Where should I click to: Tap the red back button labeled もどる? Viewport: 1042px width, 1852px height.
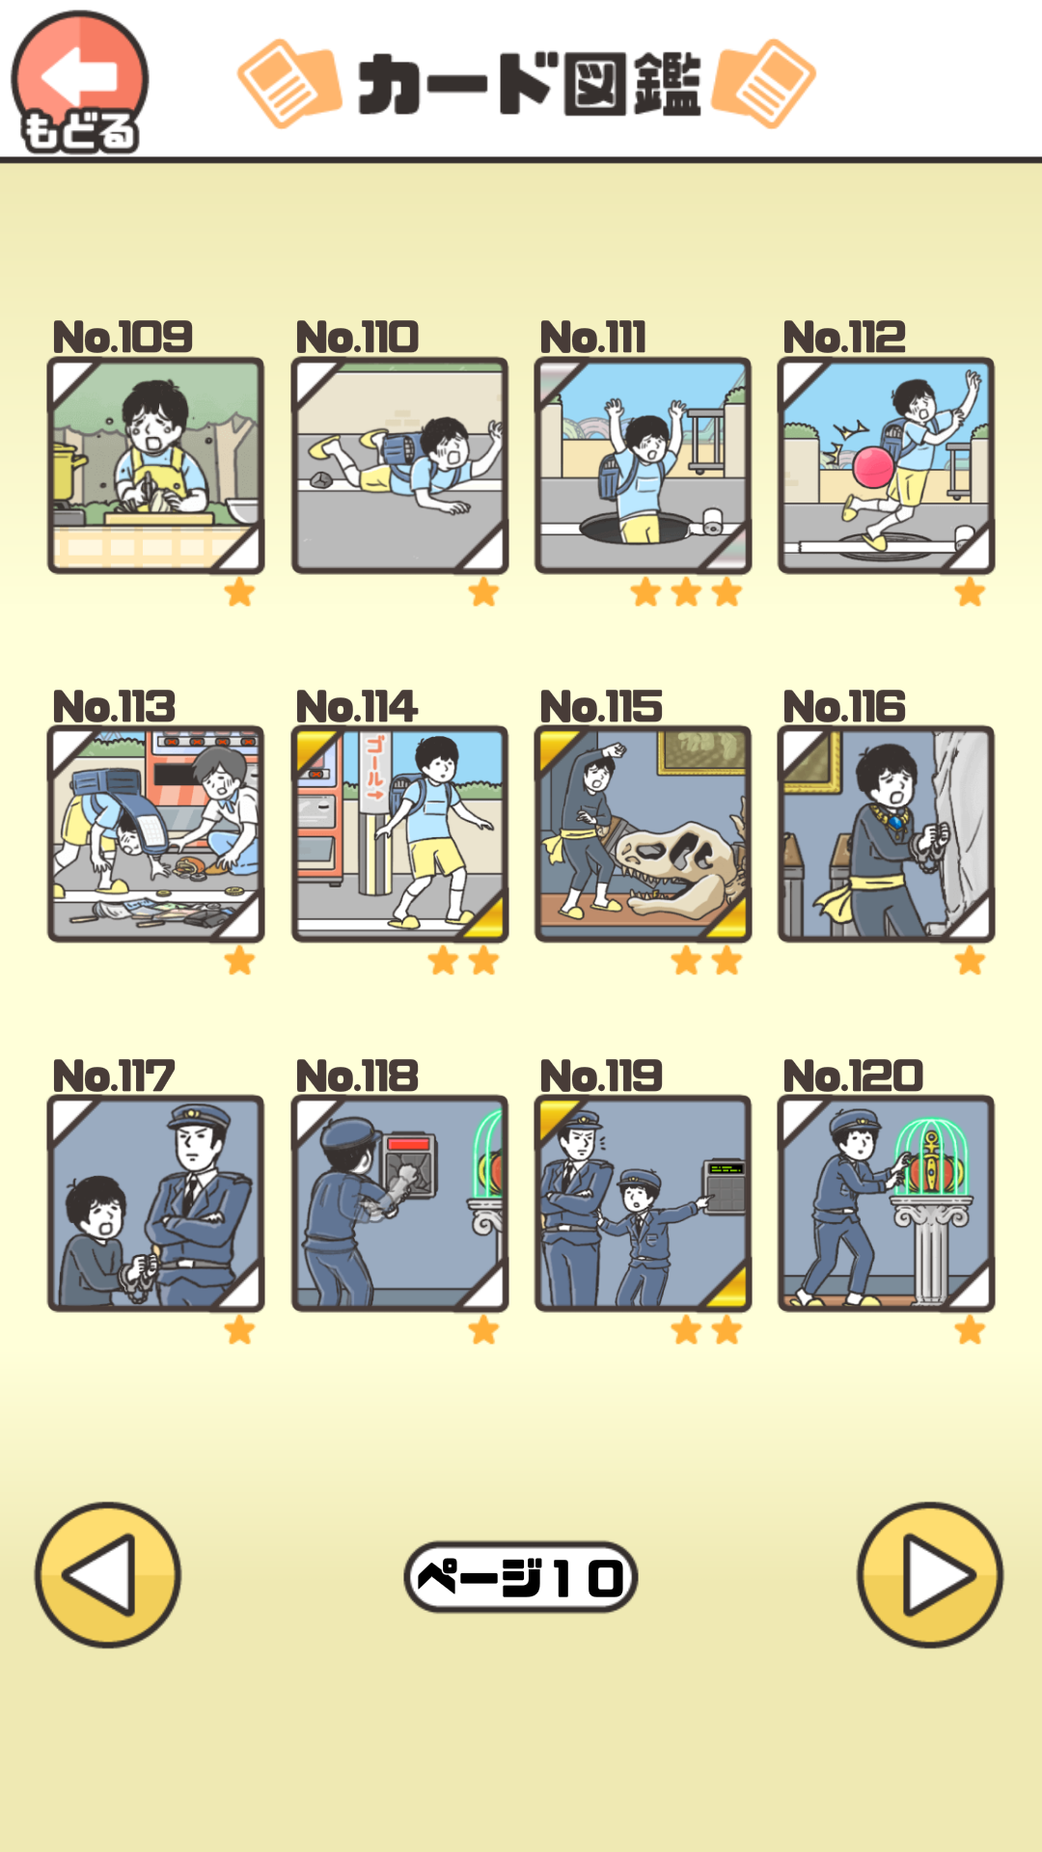point(79,82)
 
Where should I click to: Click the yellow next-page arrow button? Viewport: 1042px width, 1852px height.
point(930,1574)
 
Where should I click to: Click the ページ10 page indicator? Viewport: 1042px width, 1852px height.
point(521,1577)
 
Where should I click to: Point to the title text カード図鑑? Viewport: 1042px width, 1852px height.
point(529,84)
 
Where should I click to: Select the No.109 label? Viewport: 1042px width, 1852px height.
point(123,337)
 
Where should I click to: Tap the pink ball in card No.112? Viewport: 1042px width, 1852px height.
point(874,467)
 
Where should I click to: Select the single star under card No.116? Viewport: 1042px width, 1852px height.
point(970,961)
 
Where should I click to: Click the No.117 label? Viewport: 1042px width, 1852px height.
point(114,1076)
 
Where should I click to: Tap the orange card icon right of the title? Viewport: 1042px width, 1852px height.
point(763,84)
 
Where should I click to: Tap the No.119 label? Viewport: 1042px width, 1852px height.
point(601,1076)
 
